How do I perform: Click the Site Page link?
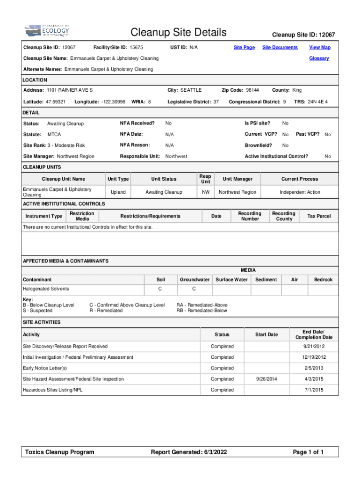(x=244, y=47)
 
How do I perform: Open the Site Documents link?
(x=280, y=47)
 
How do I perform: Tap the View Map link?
(x=319, y=47)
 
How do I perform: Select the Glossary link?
(x=319, y=58)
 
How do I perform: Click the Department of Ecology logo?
(x=46, y=31)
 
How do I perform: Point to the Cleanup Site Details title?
(x=179, y=32)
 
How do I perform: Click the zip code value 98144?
(x=252, y=90)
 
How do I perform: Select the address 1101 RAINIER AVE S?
(x=70, y=90)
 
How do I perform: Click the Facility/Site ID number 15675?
(x=136, y=47)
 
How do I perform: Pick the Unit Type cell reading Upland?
(x=118, y=192)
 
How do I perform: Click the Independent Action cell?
(x=300, y=192)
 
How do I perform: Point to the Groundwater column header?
(x=194, y=280)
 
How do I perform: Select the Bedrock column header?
(x=323, y=280)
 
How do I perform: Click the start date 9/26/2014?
(x=266, y=379)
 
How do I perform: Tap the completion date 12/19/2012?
(x=314, y=357)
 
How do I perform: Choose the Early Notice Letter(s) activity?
(x=45, y=368)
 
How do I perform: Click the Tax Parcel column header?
(x=319, y=216)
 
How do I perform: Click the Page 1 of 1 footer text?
(x=308, y=452)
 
